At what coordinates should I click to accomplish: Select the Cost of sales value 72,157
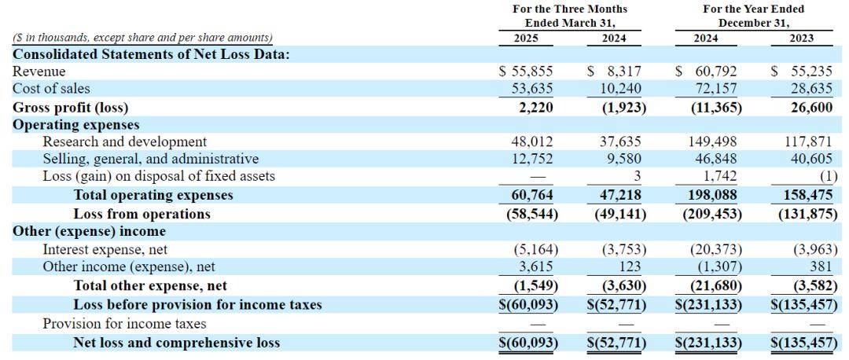click(717, 89)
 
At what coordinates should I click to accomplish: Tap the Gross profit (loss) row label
click(71, 108)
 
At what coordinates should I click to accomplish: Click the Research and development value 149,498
click(713, 141)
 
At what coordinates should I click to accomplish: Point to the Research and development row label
click(124, 141)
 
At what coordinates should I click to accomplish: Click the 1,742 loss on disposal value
click(725, 176)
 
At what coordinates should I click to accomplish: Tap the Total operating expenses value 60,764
click(531, 195)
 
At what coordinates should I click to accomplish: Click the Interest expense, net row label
click(105, 250)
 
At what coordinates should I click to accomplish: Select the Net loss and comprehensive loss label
click(177, 342)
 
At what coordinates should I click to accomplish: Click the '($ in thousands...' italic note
click(142, 38)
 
